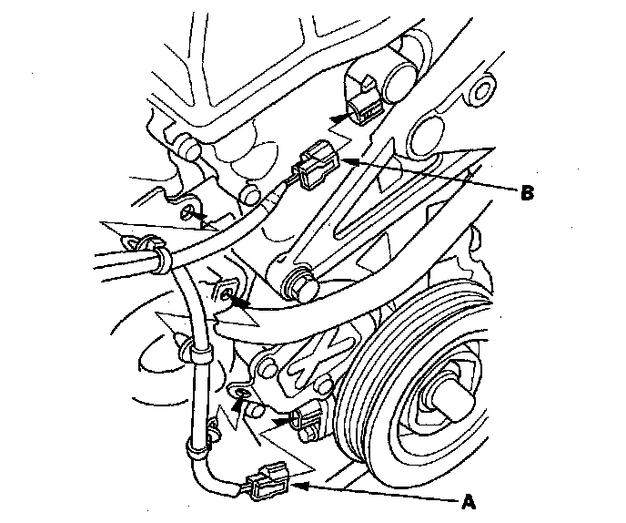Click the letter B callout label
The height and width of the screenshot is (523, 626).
pyautogui.click(x=526, y=192)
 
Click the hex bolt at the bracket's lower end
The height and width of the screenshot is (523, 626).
pyautogui.click(x=300, y=284)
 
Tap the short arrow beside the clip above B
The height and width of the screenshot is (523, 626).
pyautogui.click(x=338, y=116)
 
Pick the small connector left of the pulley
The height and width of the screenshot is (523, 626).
pyautogui.click(x=308, y=418)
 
